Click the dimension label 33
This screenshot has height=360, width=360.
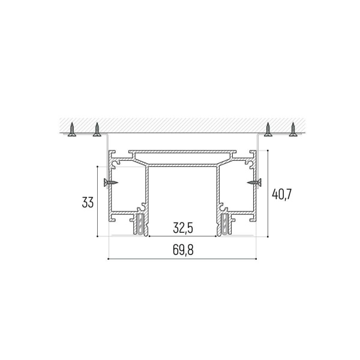coord(88,203)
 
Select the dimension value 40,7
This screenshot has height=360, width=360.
coord(281,194)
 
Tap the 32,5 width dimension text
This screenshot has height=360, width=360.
coord(183,228)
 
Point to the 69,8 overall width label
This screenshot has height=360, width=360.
coord(183,250)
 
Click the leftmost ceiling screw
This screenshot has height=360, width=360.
coord(72,130)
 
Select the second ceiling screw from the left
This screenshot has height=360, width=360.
coord(97,130)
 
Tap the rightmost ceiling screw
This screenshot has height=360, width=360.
coord(293,130)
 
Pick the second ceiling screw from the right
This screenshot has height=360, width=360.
coord(268,130)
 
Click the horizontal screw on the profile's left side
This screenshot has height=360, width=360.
coord(110,182)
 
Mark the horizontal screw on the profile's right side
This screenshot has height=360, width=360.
coord(254,182)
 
